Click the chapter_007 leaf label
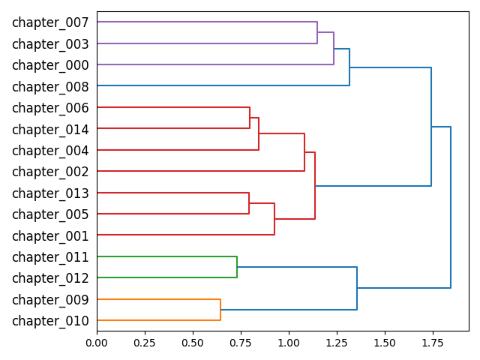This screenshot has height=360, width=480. pos(50,22)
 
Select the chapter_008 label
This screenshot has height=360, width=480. pos(50,86)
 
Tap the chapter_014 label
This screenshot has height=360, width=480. pos(50,129)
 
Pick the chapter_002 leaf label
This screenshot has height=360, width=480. pos(50,172)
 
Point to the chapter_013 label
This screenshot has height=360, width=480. pos(50,193)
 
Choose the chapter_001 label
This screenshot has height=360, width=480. pos(50,235)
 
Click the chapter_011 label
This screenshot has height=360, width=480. pos(50,257)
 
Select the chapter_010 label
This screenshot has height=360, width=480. pos(50,321)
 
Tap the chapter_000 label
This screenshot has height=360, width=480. pos(50,65)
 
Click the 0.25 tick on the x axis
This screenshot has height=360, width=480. pos(145,342)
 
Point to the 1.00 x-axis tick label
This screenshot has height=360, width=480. pos(289,342)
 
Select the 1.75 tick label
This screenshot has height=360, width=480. pos(432,342)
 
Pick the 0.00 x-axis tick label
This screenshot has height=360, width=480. pos(97,342)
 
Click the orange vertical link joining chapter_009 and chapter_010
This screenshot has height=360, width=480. pos(220,310)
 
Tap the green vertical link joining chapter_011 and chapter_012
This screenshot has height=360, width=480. pos(237,267)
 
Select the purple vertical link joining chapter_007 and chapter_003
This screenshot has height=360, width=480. pos(317,33)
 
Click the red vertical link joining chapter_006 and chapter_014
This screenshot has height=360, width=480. pos(250,118)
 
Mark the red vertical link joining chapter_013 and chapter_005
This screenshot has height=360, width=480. pos(249,203)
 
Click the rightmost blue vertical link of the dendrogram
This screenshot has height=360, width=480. pos(451,207)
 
